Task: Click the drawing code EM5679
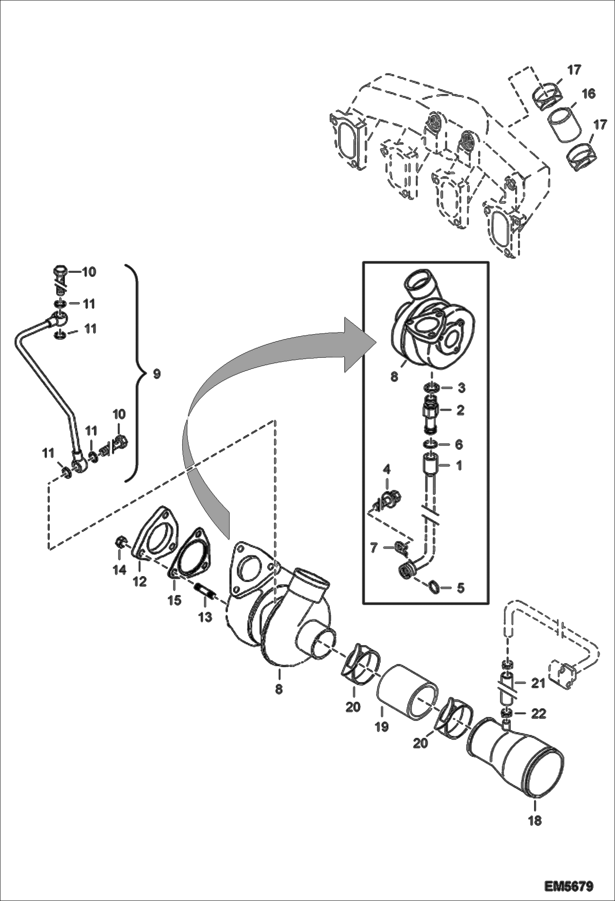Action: point(569,884)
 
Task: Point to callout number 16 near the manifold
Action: point(588,94)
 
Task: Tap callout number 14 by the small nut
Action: point(119,570)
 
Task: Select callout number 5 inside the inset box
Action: point(460,588)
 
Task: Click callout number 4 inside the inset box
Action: point(387,469)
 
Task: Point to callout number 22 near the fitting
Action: point(539,714)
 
